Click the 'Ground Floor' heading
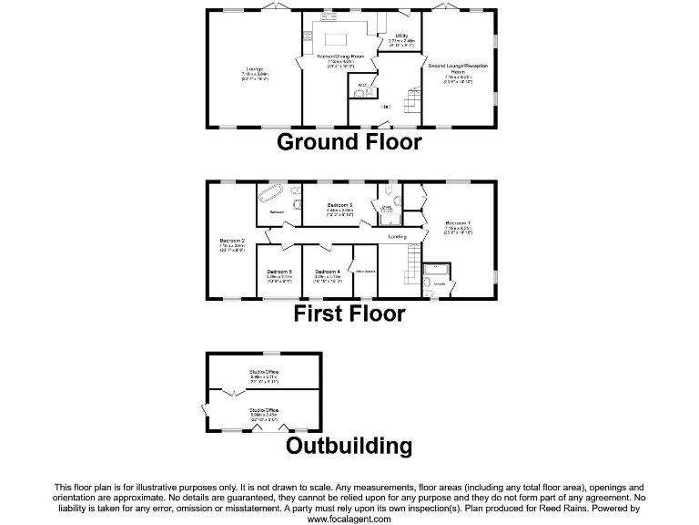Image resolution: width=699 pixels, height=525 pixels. [x=349, y=142]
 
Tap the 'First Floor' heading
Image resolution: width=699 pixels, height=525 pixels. [x=349, y=314]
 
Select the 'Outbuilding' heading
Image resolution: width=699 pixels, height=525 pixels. [x=349, y=446]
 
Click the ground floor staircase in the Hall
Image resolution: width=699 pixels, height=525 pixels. [x=411, y=105]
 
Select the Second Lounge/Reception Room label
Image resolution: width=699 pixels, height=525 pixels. [x=459, y=69]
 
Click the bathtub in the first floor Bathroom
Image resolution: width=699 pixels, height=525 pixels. [x=273, y=195]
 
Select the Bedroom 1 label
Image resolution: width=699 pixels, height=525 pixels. [x=458, y=224]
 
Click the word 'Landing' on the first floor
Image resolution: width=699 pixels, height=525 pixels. [x=397, y=237]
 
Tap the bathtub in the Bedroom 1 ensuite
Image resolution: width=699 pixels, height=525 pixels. [x=436, y=270]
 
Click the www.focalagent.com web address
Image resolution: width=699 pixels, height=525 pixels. [x=349, y=519]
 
